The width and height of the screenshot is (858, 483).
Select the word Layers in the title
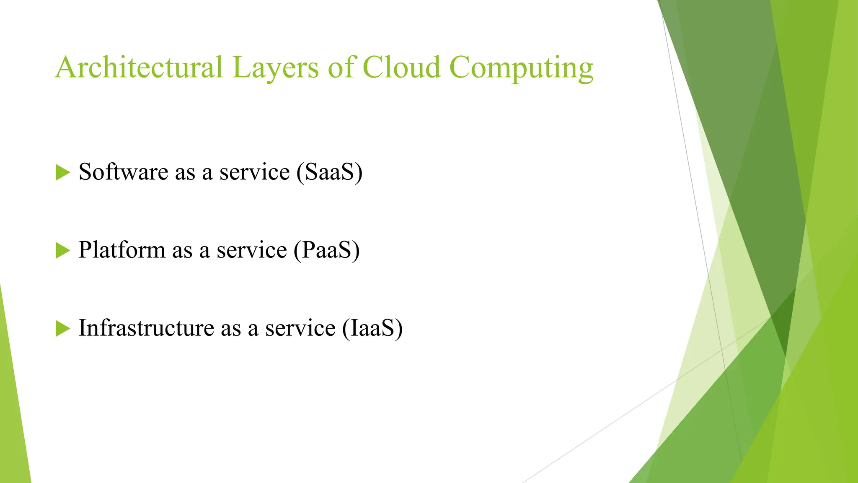click(275, 68)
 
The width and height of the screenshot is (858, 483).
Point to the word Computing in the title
click(521, 68)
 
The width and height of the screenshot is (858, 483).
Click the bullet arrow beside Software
click(62, 172)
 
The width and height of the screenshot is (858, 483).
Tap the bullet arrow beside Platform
click(62, 250)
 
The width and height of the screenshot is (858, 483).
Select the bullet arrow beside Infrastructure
click(62, 328)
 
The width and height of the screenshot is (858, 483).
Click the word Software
click(123, 172)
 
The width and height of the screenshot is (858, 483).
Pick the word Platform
click(121, 250)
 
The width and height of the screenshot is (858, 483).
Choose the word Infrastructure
click(146, 328)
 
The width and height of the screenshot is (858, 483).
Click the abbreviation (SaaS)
click(329, 172)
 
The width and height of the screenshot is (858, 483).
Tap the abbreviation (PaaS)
click(326, 250)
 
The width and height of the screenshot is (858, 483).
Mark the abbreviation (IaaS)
click(372, 328)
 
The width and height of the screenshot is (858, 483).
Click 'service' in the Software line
click(254, 173)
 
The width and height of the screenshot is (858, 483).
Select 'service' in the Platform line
click(251, 251)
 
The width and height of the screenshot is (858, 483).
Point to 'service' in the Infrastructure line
click(300, 329)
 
